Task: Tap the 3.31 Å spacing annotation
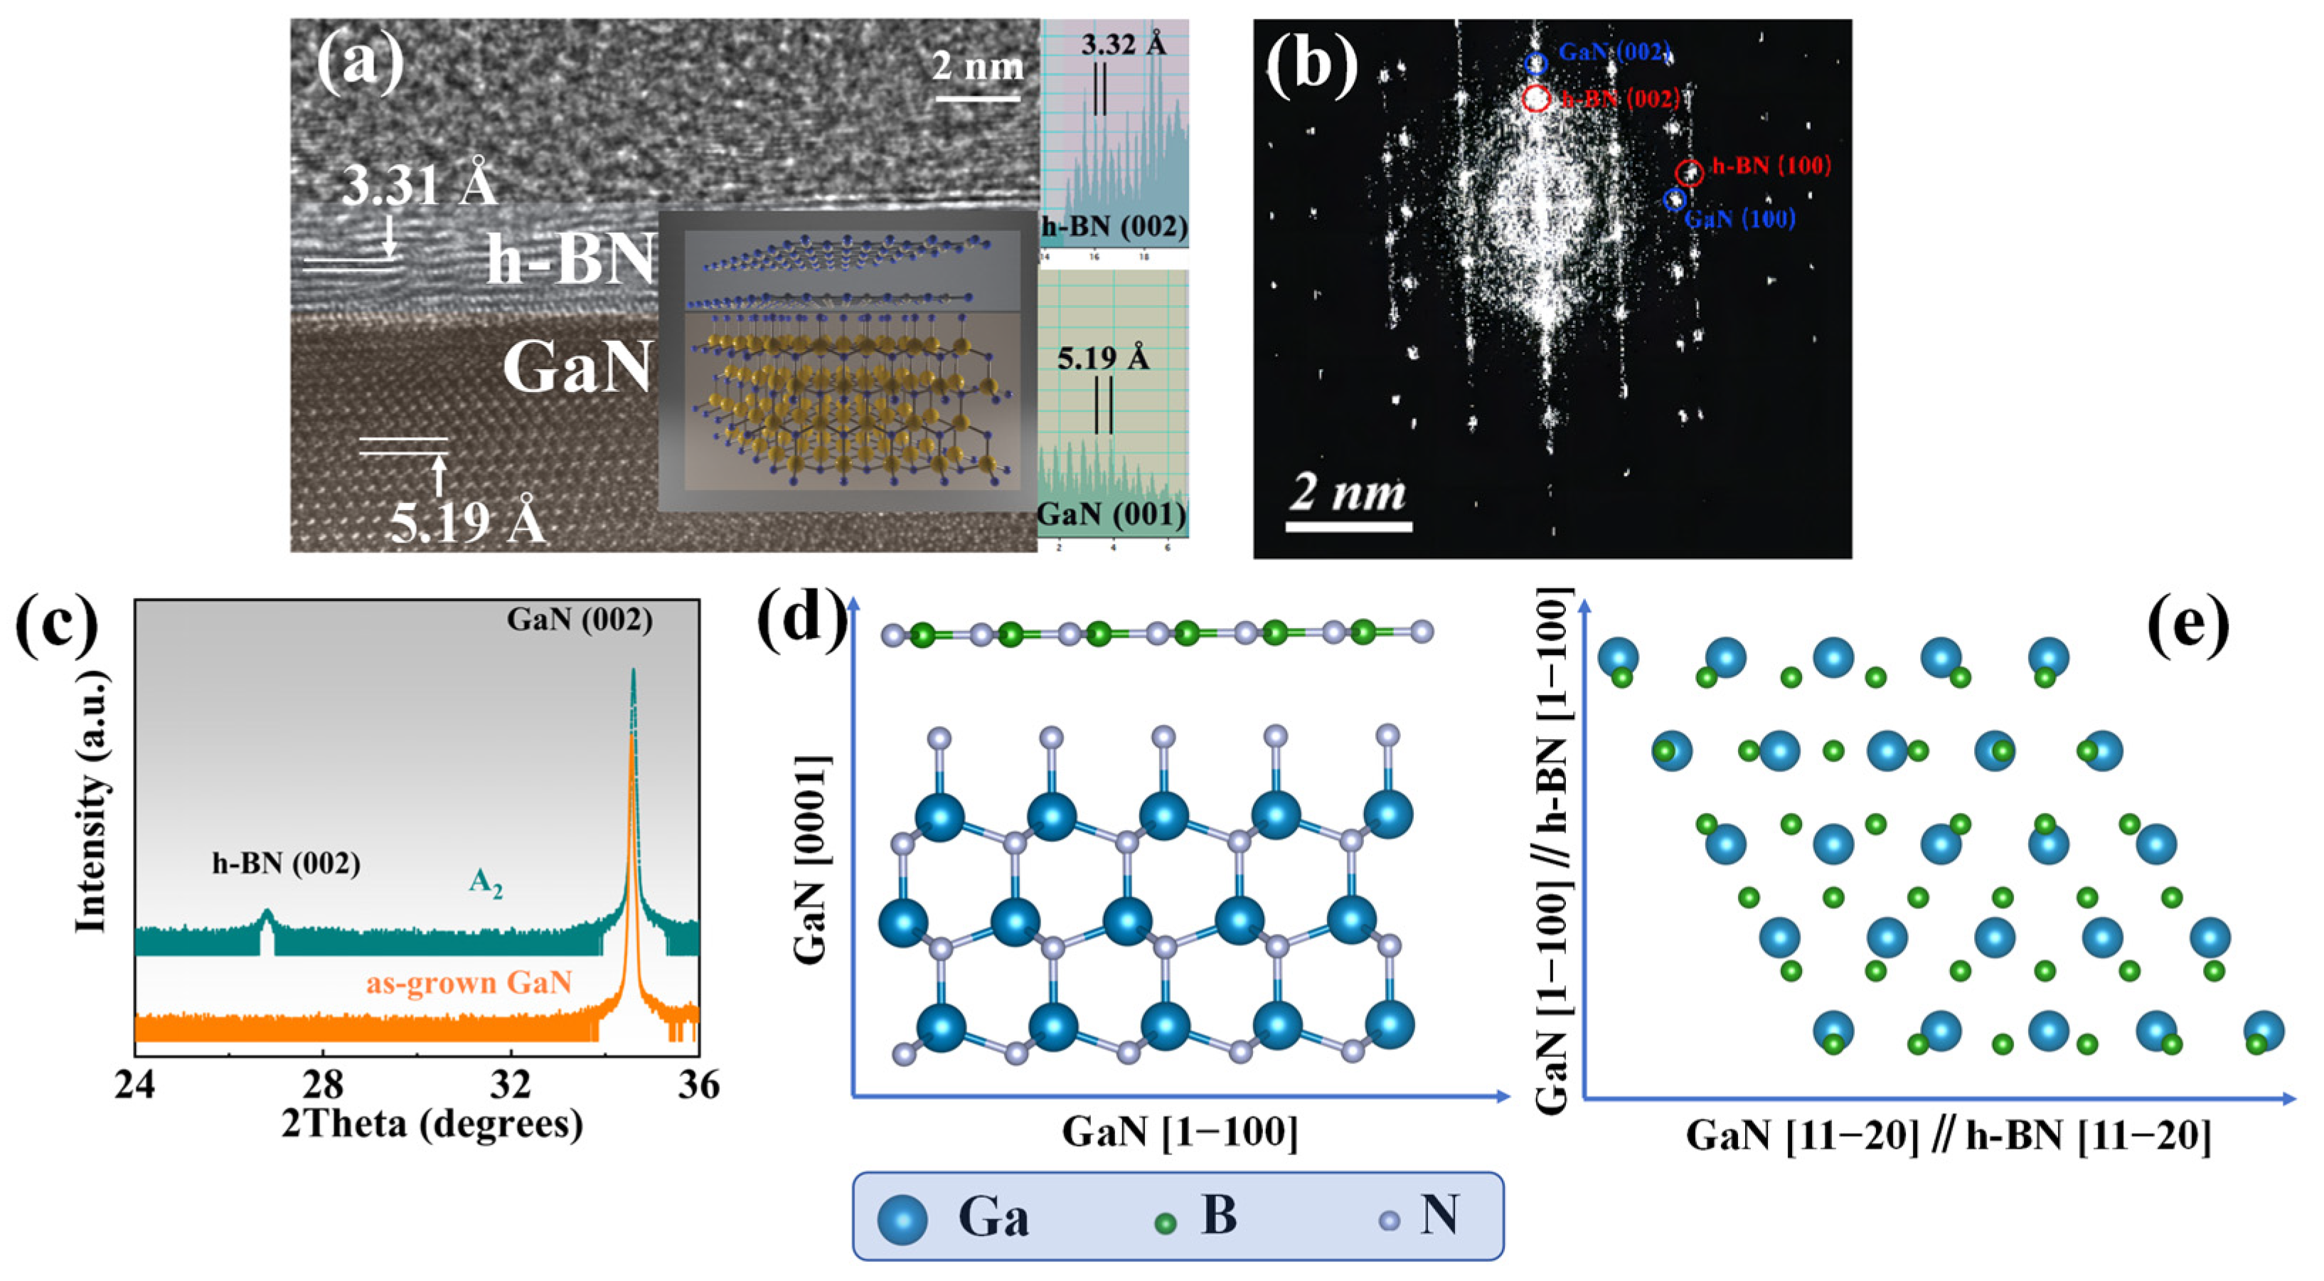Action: (419, 186)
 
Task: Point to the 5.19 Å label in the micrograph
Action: (467, 521)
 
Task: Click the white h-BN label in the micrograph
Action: (570, 260)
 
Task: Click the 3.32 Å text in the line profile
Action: (1123, 43)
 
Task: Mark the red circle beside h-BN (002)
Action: (1536, 98)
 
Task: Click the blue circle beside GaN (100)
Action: (1675, 199)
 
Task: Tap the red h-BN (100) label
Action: (1771, 166)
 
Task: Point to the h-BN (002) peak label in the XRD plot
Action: (286, 863)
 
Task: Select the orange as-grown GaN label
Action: (469, 982)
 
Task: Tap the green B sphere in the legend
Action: (1166, 1223)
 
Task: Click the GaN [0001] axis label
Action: (811, 860)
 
